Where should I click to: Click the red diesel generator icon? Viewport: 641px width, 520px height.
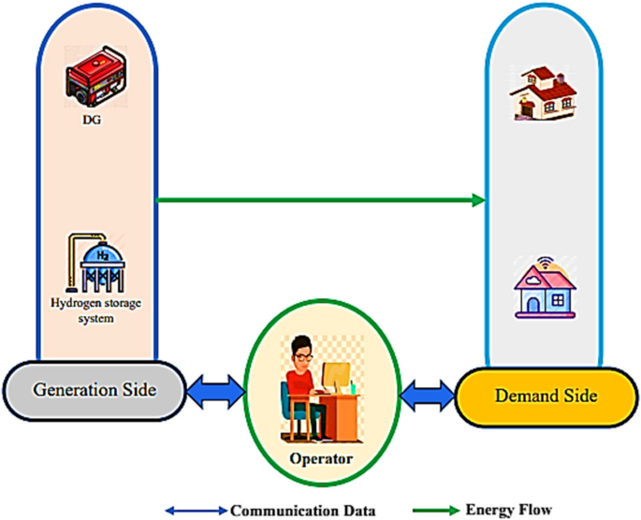tap(94, 79)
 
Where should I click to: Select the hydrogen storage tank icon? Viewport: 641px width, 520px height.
tap(96, 264)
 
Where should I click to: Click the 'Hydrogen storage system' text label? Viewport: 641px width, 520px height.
tap(95, 311)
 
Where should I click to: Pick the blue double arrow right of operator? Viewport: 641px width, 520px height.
tap(427, 396)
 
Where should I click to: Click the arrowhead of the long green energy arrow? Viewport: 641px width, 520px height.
tap(479, 199)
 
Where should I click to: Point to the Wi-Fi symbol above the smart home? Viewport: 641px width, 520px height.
tap(543, 258)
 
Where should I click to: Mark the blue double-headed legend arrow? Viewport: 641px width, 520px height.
tap(197, 511)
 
